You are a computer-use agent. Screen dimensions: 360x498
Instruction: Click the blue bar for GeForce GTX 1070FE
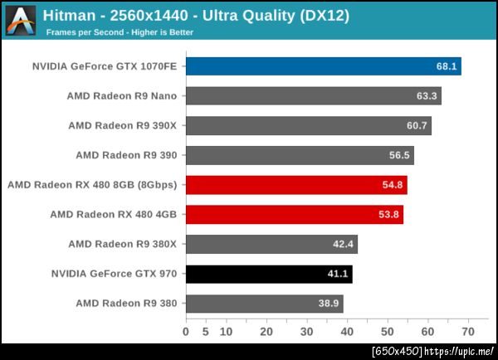pos(323,66)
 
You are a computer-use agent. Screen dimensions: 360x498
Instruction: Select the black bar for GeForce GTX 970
pos(269,274)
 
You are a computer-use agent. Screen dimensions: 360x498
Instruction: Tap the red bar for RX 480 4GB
pos(294,215)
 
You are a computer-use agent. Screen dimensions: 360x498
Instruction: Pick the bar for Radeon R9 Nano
pos(313,96)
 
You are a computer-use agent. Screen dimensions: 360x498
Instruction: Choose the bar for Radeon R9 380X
pos(271,244)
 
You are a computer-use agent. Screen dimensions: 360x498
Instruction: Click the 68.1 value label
pos(447,66)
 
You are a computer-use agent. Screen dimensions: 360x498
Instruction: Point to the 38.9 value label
pos(330,304)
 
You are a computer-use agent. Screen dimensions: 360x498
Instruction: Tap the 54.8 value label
pos(393,185)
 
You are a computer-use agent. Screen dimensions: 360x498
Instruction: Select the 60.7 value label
pos(417,126)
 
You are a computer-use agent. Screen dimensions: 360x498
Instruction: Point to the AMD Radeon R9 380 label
pos(126,303)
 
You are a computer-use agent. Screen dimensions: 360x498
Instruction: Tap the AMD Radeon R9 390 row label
pos(126,155)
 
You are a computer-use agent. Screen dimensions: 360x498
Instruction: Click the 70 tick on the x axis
pos(467,332)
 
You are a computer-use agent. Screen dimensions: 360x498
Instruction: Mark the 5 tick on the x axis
pos(206,332)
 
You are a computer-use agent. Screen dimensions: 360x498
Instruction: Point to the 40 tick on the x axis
pos(346,332)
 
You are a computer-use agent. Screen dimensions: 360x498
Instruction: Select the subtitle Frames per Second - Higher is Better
pos(119,32)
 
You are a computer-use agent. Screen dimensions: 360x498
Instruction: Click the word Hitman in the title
pos(69,16)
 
